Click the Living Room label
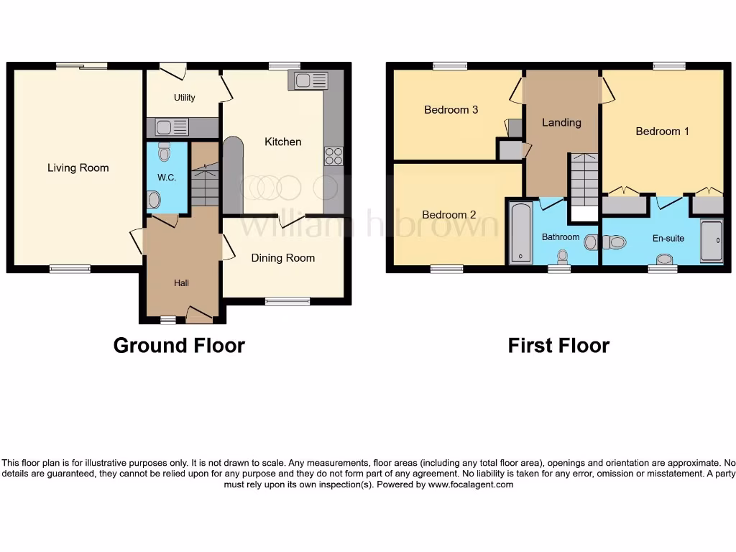(x=78, y=167)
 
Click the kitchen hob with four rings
(x=333, y=155)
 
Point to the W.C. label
(x=166, y=177)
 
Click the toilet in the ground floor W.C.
(x=165, y=152)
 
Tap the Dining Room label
(x=282, y=258)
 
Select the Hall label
(x=181, y=283)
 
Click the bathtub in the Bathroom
(x=518, y=232)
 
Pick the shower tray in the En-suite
(x=710, y=241)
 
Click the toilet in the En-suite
(x=614, y=242)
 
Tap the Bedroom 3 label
(x=451, y=110)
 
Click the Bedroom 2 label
(x=448, y=214)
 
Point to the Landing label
(x=561, y=122)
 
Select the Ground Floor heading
(x=179, y=346)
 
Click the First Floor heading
(x=558, y=346)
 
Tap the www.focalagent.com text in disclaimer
(x=470, y=484)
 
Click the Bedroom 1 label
(x=662, y=132)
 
